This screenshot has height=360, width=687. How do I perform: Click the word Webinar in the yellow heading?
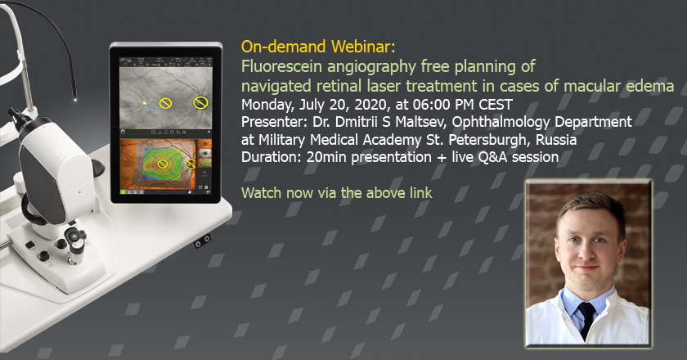click(x=363, y=47)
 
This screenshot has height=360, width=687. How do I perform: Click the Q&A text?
click(x=493, y=157)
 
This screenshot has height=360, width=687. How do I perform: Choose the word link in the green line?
click(x=421, y=193)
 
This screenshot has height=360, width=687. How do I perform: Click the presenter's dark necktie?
click(x=586, y=319)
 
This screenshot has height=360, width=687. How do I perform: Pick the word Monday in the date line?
click(x=268, y=106)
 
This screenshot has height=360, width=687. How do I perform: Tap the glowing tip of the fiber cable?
click(x=75, y=100)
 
